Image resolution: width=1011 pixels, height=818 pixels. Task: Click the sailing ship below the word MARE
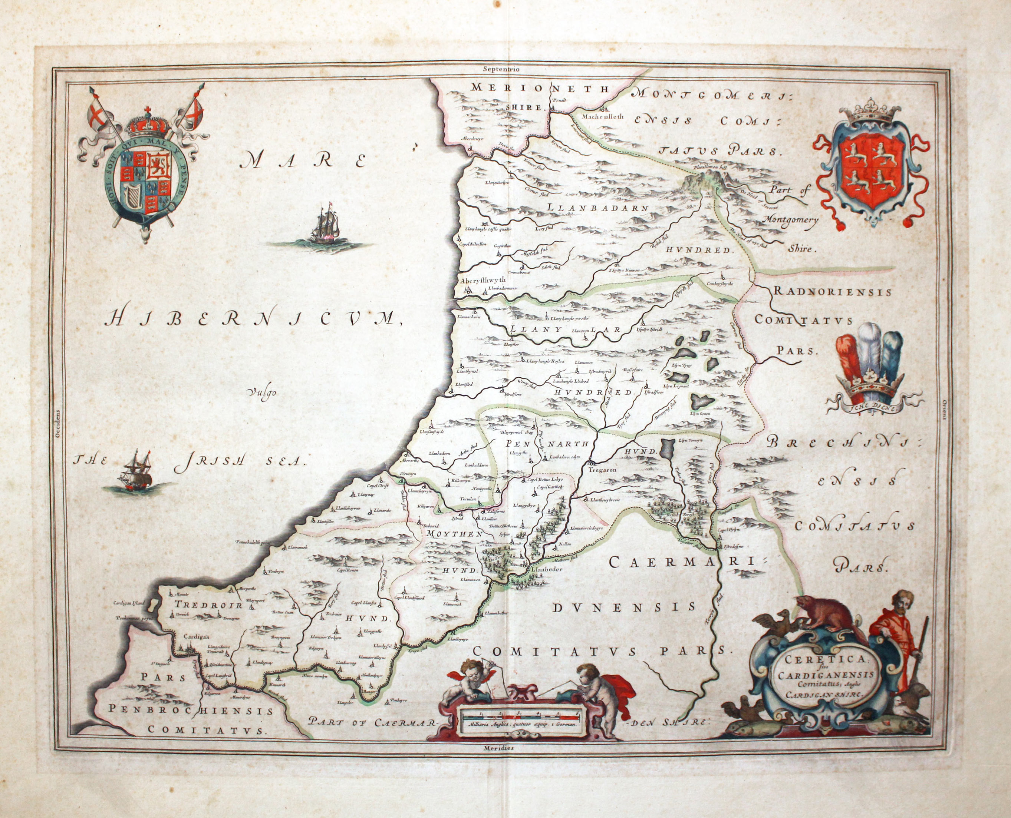pyautogui.click(x=325, y=224)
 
